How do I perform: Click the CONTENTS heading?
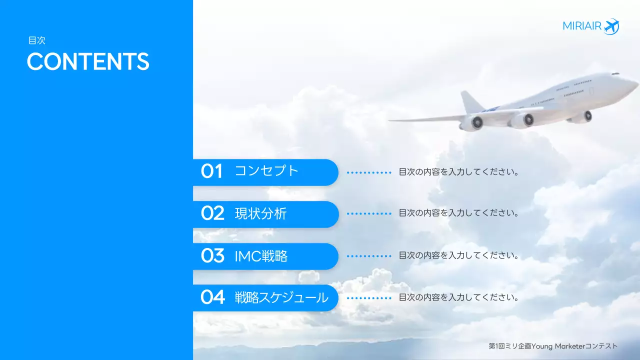tap(88, 61)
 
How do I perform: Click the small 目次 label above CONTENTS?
tap(37, 41)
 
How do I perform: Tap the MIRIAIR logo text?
tap(582, 26)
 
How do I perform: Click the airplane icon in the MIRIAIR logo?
tap(611, 26)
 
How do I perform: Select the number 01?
tap(211, 171)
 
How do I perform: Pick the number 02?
tap(212, 213)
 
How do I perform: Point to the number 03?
tap(212, 256)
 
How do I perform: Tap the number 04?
tap(212, 297)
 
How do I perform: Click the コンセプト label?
tap(266, 171)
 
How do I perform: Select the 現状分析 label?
tap(260, 213)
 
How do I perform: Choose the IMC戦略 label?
tap(261, 256)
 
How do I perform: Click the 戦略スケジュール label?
tap(281, 298)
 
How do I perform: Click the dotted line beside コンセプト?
tap(369, 172)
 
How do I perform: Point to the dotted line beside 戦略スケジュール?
tap(369, 298)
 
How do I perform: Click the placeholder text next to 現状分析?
tap(458, 213)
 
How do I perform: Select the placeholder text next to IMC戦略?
tap(458, 255)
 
